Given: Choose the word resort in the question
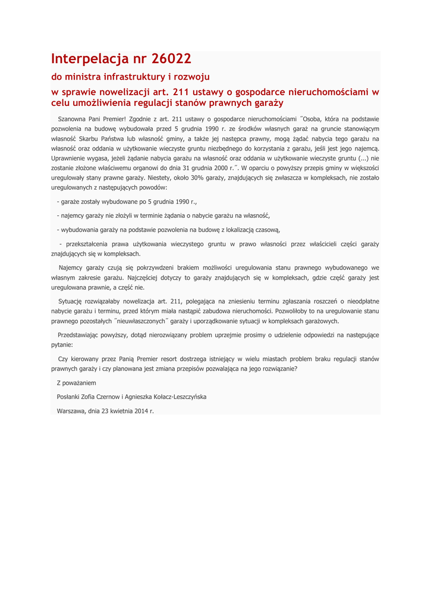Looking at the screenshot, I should pos(170,359).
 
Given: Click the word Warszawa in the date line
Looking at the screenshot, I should pos(71,410).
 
